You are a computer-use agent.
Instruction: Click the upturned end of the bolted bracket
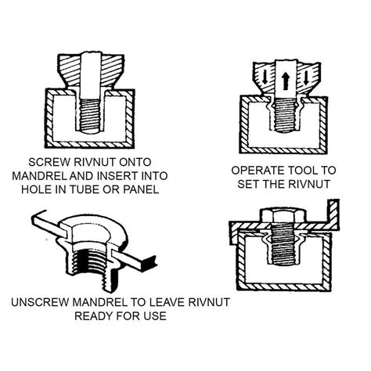point(335,210)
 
